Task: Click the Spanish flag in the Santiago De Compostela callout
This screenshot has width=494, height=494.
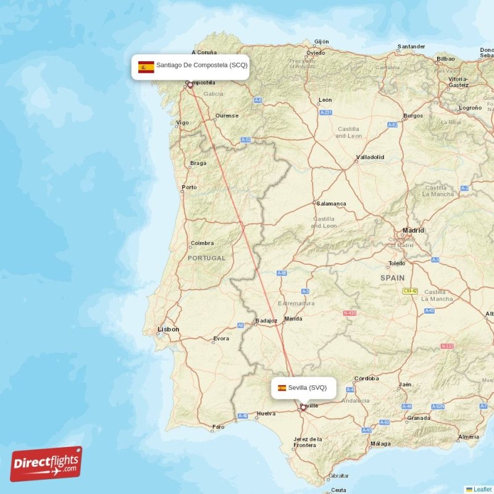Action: click(x=146, y=67)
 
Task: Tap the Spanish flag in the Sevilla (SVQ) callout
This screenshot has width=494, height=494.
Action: click(x=282, y=388)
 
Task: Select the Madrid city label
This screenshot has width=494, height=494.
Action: click(x=413, y=230)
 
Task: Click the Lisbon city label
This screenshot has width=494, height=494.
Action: click(x=168, y=329)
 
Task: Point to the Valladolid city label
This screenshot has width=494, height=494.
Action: click(x=369, y=157)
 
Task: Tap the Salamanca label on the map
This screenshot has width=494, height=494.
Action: click(x=331, y=203)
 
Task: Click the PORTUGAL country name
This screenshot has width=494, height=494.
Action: click(x=207, y=258)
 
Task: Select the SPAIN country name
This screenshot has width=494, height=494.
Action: click(x=392, y=278)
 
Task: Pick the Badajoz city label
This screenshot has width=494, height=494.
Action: click(x=266, y=320)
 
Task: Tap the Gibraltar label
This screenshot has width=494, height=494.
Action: click(x=338, y=476)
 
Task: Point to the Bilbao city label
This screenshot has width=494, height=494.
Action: click(x=445, y=59)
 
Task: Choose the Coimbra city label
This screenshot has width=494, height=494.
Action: click(x=202, y=243)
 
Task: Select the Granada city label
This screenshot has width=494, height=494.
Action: click(x=418, y=418)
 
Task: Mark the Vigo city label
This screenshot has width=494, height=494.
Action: click(x=182, y=122)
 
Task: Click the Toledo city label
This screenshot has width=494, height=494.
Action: click(x=396, y=264)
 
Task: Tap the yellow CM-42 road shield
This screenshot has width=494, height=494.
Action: click(x=411, y=291)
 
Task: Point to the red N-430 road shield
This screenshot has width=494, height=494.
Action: click(x=350, y=313)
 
